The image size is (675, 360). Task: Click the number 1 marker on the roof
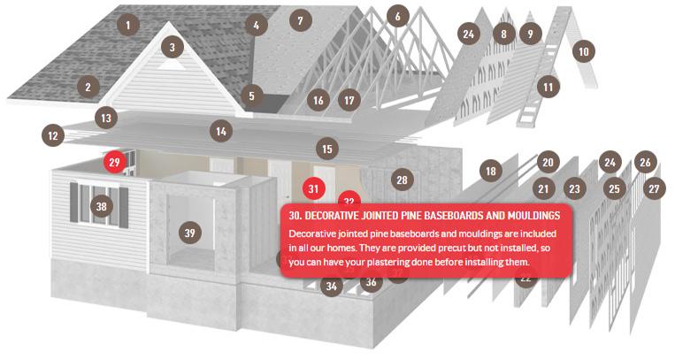128,26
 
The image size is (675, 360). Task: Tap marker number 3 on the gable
173,48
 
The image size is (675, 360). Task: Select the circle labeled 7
300,20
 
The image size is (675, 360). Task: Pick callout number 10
583,51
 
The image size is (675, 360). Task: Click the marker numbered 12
53,136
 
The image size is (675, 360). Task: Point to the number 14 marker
221,131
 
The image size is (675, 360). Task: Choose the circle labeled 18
491,172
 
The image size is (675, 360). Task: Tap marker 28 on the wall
402,180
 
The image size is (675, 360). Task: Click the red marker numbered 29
114,163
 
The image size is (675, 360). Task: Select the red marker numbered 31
313,188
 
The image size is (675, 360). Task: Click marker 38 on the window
101,206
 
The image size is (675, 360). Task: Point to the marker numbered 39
190,233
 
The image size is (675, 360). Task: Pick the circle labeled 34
332,286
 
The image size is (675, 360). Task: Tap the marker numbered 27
654,188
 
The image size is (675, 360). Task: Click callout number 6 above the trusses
397,16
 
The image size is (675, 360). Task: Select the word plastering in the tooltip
381,262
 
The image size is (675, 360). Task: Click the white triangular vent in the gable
172,65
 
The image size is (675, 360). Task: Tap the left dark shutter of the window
74,203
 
